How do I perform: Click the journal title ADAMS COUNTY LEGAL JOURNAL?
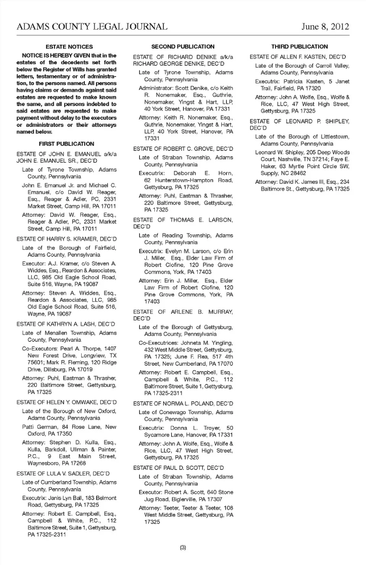tap(92, 26)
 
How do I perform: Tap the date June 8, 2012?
tap(325, 26)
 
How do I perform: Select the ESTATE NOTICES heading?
tap(69, 47)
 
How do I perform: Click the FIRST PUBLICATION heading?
tap(66, 144)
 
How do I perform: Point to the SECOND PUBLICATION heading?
tap(183, 47)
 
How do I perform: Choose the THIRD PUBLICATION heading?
tap(299, 47)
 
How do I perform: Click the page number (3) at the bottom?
tap(183, 547)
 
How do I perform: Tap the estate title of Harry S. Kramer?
tap(66, 239)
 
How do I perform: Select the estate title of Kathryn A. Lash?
tap(66, 324)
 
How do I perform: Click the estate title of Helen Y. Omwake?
tap(66, 402)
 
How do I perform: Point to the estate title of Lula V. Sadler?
tap(63, 474)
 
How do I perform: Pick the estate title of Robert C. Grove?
tap(183, 149)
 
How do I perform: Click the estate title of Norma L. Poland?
tap(183, 403)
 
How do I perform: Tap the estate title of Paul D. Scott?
tap(178, 468)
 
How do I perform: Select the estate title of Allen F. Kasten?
tap(298, 57)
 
